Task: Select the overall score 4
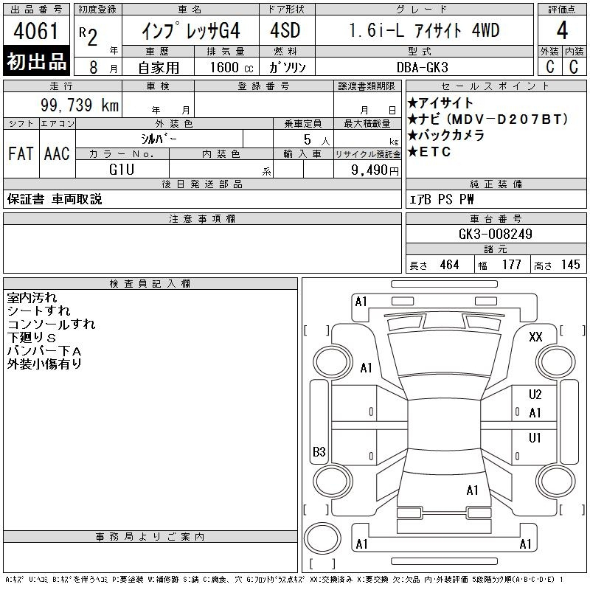(562, 32)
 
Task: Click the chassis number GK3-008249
(495, 235)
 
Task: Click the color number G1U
(122, 169)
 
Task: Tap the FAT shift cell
(21, 153)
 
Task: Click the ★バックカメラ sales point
(445, 136)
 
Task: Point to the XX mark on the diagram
(535, 336)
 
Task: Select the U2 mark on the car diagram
(535, 395)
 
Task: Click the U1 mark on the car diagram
(535, 438)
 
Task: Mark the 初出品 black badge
(36, 62)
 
